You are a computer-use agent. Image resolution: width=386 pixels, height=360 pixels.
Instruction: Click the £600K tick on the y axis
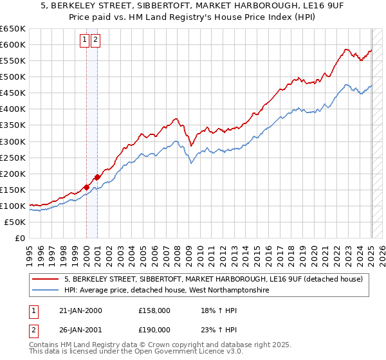click(x=13, y=44)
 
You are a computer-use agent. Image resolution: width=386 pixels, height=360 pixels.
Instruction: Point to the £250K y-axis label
click(x=13, y=157)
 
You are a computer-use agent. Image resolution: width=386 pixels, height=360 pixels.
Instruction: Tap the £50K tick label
click(x=15, y=222)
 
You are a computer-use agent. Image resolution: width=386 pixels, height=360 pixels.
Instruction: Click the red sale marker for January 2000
click(x=86, y=187)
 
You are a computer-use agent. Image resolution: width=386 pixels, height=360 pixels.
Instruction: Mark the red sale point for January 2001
click(x=97, y=177)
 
